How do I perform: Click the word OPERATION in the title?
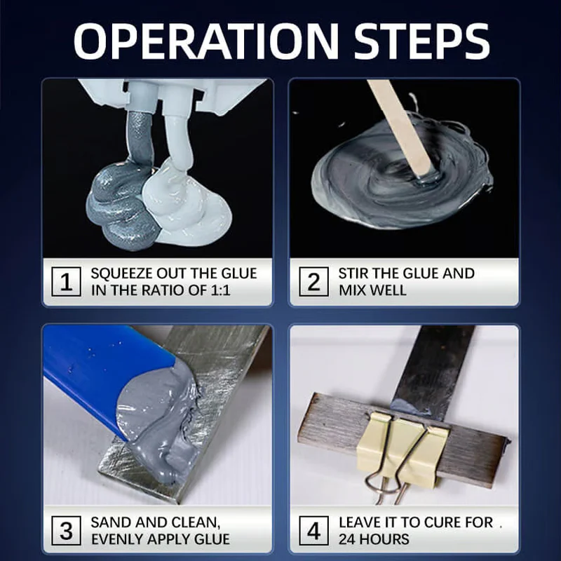206,41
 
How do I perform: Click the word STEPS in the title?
421,41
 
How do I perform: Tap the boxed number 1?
66,282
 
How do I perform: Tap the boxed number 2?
313,282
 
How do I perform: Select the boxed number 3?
66,531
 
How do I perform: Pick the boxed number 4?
313,531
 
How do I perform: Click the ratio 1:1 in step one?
220,290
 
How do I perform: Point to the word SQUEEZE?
121,273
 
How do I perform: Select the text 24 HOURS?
374,539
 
